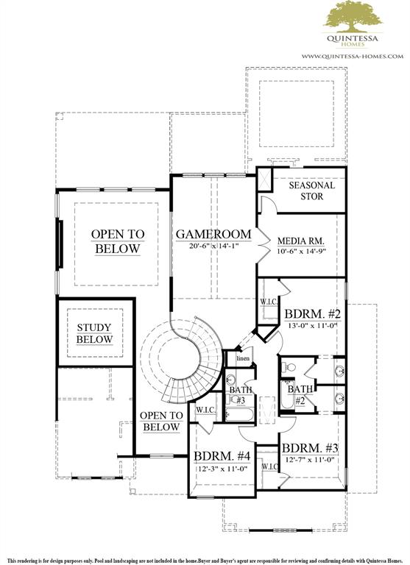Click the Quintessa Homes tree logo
[353, 17]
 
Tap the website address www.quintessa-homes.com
[353, 56]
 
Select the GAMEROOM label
[213, 234]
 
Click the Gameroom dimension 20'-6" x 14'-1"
[214, 246]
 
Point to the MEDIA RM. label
[301, 241]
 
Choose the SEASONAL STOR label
[312, 191]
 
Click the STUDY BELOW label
[94, 333]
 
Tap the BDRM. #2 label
[312, 314]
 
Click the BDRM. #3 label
[310, 448]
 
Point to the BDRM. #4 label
[222, 456]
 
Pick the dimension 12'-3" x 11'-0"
[221, 469]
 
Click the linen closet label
[243, 358]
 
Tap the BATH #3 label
[240, 395]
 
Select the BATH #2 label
[300, 394]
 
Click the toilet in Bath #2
[288, 367]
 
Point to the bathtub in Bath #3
[239, 413]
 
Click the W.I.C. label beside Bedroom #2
[269, 302]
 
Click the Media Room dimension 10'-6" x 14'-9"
[302, 252]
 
